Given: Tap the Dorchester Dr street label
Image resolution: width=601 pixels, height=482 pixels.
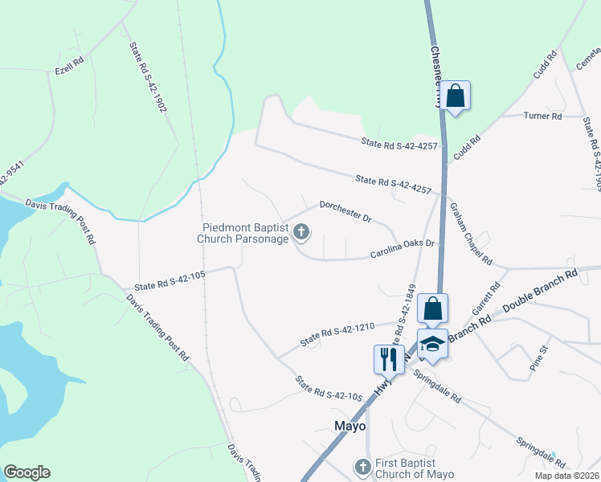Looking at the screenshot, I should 345,211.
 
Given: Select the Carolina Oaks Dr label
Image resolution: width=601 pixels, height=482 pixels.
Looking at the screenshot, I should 402,248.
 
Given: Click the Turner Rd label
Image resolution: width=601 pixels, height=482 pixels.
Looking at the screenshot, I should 542,116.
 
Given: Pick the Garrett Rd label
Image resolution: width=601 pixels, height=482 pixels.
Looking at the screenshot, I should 490,296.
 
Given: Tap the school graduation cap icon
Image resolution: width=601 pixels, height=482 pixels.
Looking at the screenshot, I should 432,343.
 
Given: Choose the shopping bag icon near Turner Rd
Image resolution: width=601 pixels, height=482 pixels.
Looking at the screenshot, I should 455,96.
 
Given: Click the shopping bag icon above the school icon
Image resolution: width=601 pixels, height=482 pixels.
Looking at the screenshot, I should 432,308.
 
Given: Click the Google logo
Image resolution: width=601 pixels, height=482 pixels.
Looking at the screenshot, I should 27,472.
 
